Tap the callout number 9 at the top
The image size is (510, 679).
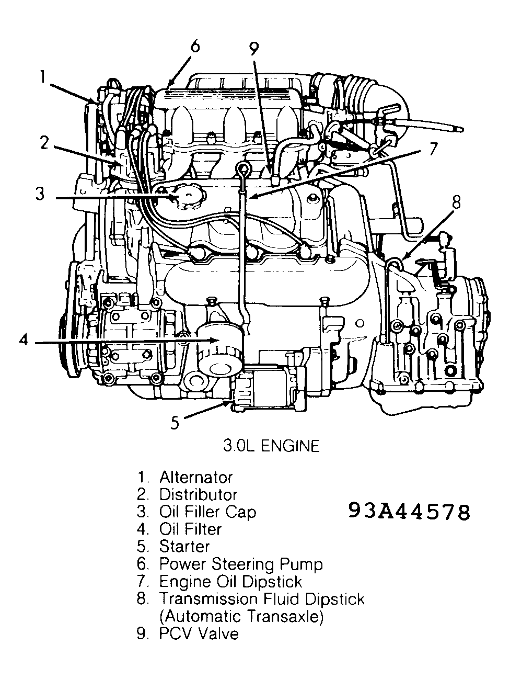253,49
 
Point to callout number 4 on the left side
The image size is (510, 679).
23,341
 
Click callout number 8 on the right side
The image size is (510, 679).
456,202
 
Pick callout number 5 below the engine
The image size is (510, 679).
176,422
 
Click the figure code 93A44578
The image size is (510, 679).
409,513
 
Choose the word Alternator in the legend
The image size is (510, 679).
195,477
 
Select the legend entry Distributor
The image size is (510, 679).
198,494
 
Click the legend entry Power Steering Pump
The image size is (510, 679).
241,564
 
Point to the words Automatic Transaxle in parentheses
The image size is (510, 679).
241,616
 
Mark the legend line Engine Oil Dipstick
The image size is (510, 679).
230,581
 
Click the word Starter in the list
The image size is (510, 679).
184,547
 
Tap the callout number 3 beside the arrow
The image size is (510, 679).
40,194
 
